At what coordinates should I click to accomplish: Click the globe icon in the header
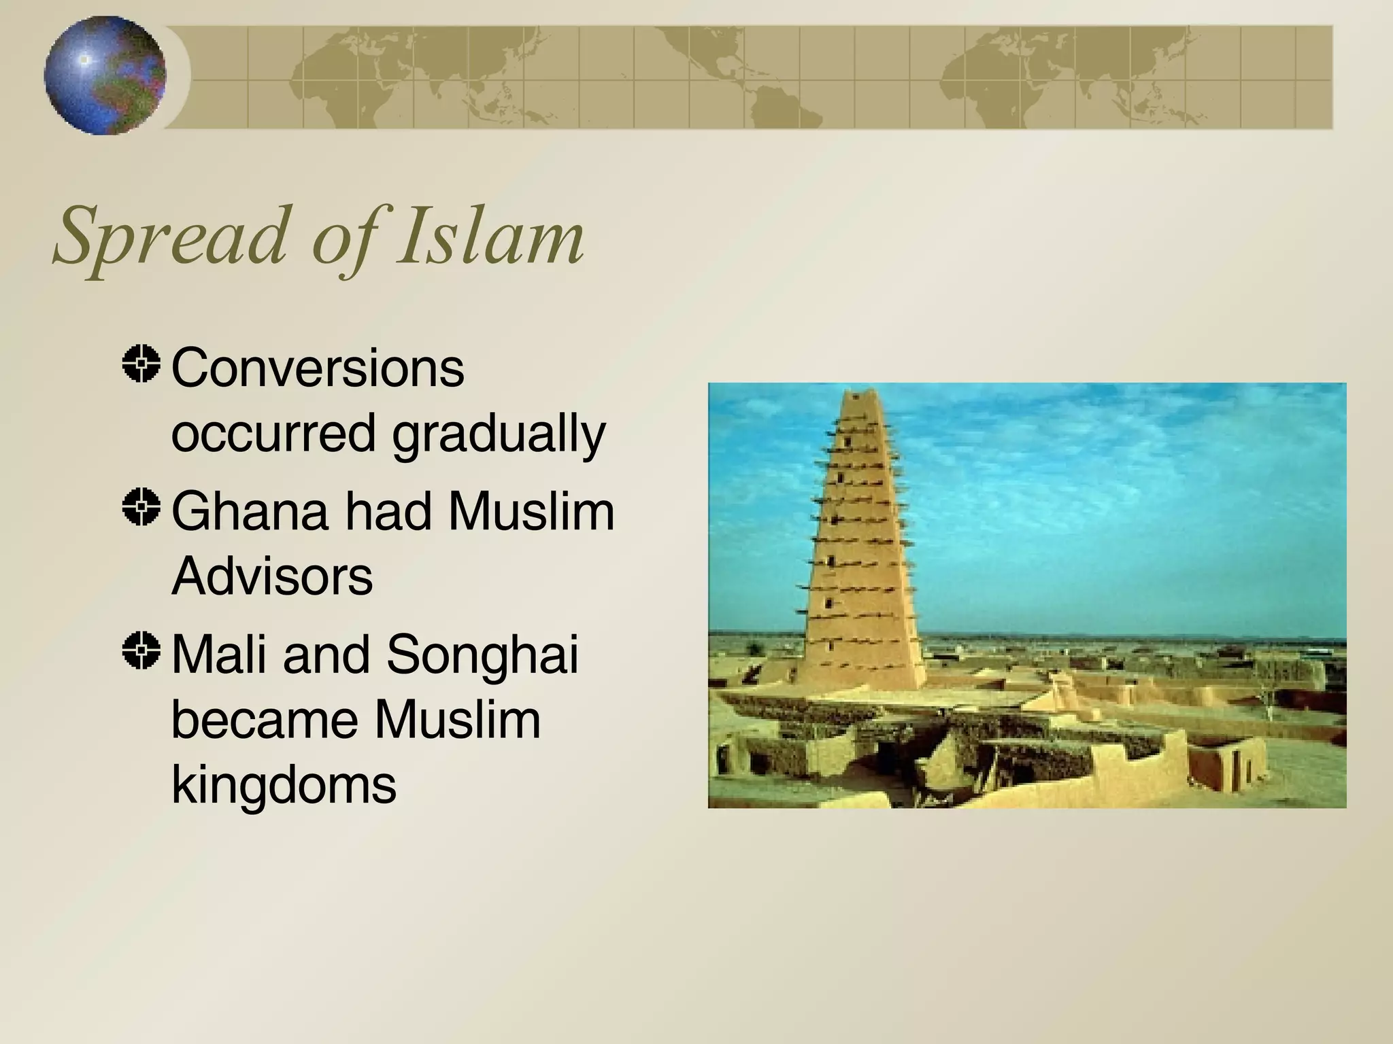click(x=105, y=75)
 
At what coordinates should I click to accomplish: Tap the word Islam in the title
click(x=490, y=237)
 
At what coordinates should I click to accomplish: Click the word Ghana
click(x=249, y=511)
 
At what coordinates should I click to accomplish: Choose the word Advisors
click(x=272, y=576)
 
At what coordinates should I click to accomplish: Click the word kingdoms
click(x=284, y=786)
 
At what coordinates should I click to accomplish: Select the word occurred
click(x=273, y=434)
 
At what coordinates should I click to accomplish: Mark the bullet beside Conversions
click(x=141, y=364)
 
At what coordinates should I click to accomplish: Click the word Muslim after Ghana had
click(x=531, y=511)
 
